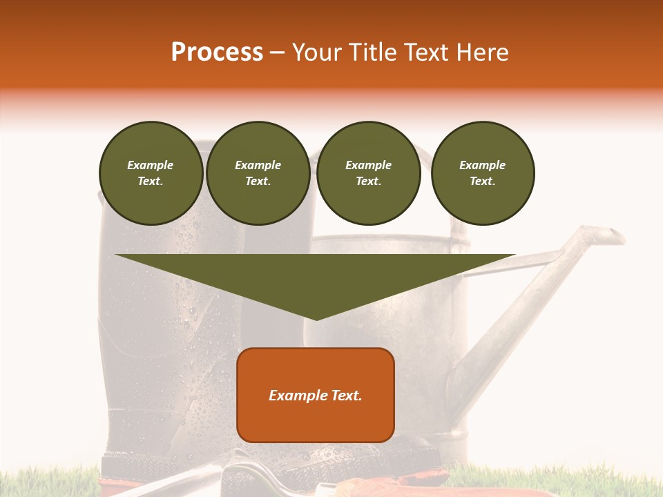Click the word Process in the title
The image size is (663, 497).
[217, 52]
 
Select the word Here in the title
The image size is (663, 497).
[483, 52]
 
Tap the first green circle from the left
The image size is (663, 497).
[151, 173]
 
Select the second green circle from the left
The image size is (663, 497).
[258, 173]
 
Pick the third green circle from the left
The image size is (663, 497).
[368, 173]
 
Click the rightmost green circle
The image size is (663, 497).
[482, 173]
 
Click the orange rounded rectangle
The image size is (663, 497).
[316, 421]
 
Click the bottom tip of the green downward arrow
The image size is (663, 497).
[316, 319]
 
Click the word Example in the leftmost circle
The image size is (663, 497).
[151, 165]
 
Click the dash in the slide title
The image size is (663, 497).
[277, 52]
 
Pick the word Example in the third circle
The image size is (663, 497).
[368, 165]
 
